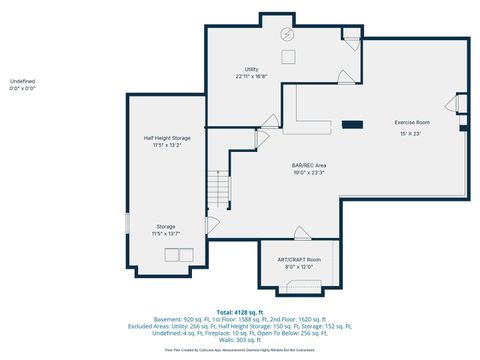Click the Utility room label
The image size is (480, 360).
(252, 69)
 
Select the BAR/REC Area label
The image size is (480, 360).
(309, 165)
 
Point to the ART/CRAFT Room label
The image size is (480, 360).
(300, 260)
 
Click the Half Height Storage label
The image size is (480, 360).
(167, 138)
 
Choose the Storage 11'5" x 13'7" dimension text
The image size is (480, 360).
(166, 233)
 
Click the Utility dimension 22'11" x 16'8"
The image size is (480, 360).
(252, 76)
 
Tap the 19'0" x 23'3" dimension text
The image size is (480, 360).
(309, 173)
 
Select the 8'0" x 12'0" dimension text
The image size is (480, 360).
(300, 267)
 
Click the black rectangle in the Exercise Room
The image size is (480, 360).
(352, 124)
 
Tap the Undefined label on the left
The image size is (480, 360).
(22, 80)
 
